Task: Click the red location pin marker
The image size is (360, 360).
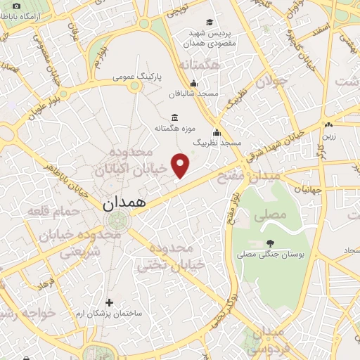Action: pos(181,167)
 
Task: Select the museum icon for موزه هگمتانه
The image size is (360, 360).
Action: pos(175,117)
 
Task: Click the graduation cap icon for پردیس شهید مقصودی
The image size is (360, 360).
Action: pos(210,23)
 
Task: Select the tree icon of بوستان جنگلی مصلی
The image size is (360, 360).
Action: pos(270,244)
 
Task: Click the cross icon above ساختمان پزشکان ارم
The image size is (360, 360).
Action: pos(108,302)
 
